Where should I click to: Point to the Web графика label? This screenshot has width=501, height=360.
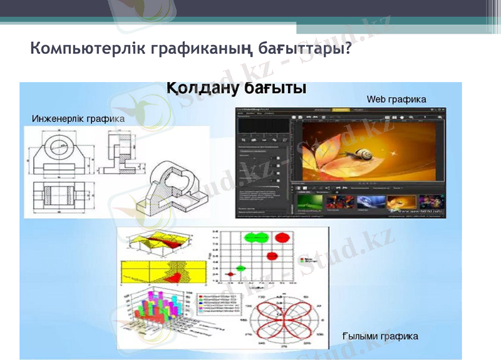[x=396, y=99]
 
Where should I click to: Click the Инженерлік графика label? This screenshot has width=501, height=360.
[x=78, y=118]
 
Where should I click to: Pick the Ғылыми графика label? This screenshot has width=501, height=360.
[x=380, y=336]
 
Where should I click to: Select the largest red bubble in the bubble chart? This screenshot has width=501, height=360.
[x=282, y=238]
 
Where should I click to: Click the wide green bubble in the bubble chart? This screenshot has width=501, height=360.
[x=256, y=237]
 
